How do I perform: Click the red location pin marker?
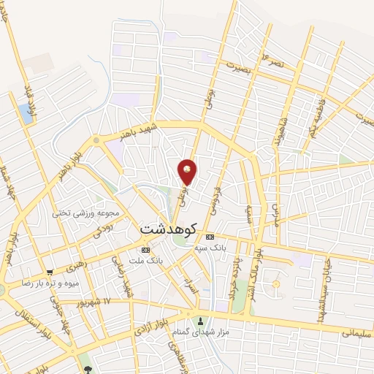[x=188, y=172]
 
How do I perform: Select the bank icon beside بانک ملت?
[x=145, y=251]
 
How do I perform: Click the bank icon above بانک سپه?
[x=210, y=237]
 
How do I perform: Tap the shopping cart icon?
[x=50, y=271]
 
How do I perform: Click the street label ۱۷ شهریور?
[x=91, y=301]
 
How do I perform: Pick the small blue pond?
[x=27, y=112]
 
